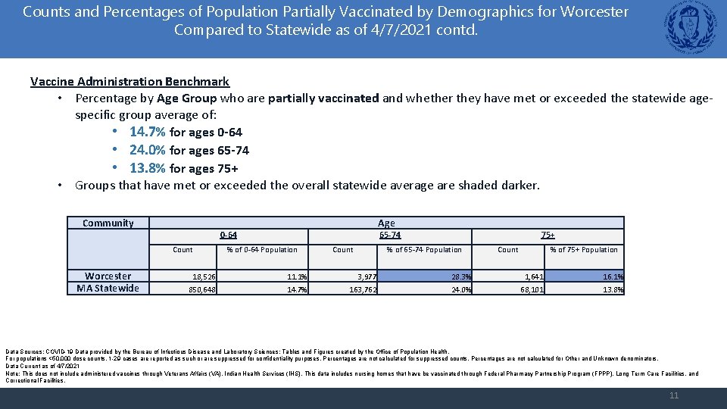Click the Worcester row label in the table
pyautogui.click(x=108, y=276)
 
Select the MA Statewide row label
pyautogui.click(x=108, y=288)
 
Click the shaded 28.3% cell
pyautogui.click(x=458, y=277)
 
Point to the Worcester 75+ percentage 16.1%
pyautogui.click(x=612, y=277)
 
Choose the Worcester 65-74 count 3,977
pyautogui.click(x=363, y=277)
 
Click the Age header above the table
pyautogui.click(x=386, y=223)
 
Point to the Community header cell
pyautogui.click(x=108, y=223)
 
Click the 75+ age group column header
pyautogui.click(x=548, y=236)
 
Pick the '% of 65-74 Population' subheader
pyautogui.click(x=423, y=249)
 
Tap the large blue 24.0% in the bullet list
pyautogui.click(x=147, y=149)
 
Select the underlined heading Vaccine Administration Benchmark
pyautogui.click(x=129, y=81)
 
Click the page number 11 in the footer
pyautogui.click(x=674, y=395)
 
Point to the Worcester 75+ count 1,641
pyautogui.click(x=532, y=277)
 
